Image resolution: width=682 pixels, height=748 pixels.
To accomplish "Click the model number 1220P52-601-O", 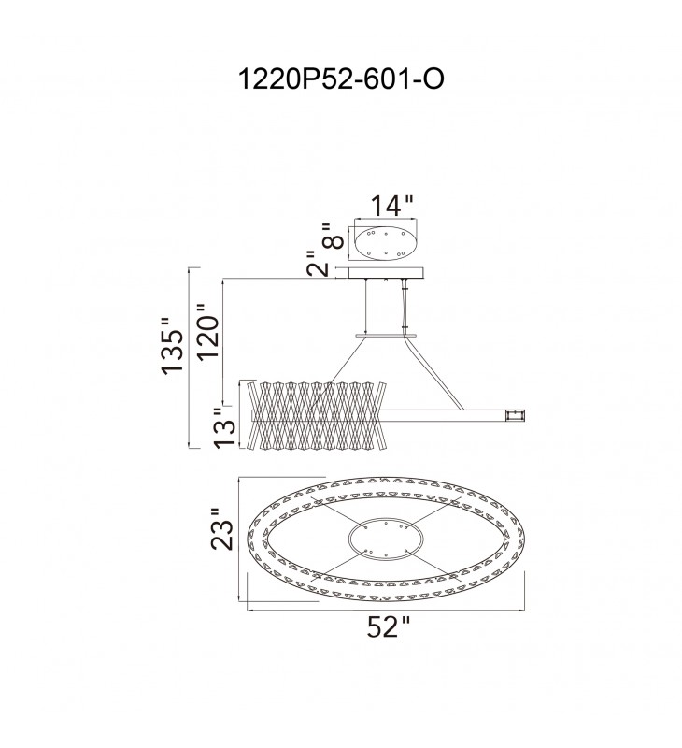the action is point(341,79).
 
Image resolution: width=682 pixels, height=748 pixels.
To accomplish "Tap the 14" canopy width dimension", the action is point(391,206).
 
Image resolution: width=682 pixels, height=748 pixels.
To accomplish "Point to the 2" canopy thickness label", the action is point(318,264).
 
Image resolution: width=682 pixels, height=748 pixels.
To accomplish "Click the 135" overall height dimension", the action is point(172,345).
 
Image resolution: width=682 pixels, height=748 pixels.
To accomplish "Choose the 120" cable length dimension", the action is point(208,331).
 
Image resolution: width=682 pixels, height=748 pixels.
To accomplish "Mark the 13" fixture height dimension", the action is point(225,428).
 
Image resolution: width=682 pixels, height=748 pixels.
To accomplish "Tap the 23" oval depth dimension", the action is point(222,528).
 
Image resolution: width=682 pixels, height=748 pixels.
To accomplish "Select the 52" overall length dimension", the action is point(388,626).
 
